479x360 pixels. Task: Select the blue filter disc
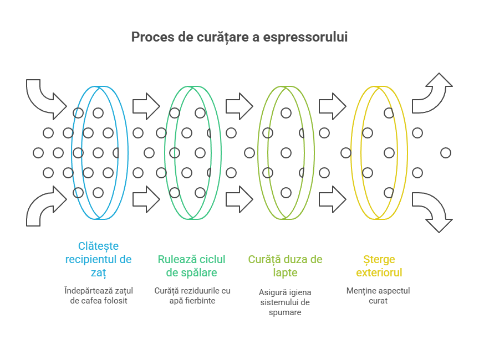(x=100, y=152)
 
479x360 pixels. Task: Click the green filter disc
(x=193, y=152)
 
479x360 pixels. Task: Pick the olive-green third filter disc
(x=286, y=152)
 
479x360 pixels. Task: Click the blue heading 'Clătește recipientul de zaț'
(x=98, y=259)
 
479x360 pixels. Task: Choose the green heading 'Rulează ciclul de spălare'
(x=191, y=266)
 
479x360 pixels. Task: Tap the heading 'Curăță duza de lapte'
(x=285, y=266)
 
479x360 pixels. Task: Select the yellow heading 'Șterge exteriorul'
(x=379, y=266)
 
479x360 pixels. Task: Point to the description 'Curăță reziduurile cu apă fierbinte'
(x=192, y=296)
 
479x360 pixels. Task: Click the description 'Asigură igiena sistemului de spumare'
(x=285, y=302)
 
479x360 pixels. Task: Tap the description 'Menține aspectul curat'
(x=378, y=296)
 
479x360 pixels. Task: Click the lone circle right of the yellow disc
(x=445, y=152)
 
